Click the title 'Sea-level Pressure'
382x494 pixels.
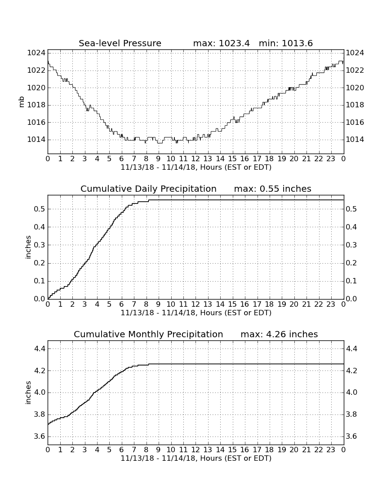click(120, 43)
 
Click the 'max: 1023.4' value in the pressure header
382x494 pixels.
click(221, 43)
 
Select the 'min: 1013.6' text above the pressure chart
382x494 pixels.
click(285, 43)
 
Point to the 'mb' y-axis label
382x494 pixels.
click(22, 102)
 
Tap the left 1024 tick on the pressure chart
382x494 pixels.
click(36, 53)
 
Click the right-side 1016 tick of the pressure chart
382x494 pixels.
click(355, 122)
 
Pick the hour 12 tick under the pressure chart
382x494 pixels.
click(195, 159)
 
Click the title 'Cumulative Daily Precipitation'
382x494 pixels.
click(148, 189)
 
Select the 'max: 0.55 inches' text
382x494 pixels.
click(273, 189)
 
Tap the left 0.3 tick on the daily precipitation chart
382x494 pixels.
click(40, 245)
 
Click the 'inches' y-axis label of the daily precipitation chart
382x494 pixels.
click(28, 247)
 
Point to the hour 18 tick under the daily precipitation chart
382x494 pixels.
click(269, 304)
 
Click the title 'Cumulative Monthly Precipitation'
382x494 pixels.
click(148, 334)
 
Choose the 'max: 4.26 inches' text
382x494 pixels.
click(279, 334)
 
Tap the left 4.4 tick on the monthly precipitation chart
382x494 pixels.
click(40, 349)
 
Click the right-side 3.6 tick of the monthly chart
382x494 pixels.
click(352, 437)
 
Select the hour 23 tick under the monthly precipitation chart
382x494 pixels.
click(331, 450)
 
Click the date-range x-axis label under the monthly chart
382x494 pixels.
click(196, 458)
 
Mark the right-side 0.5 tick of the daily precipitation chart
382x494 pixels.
click(352, 209)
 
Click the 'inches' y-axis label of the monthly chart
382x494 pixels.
click(28, 393)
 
